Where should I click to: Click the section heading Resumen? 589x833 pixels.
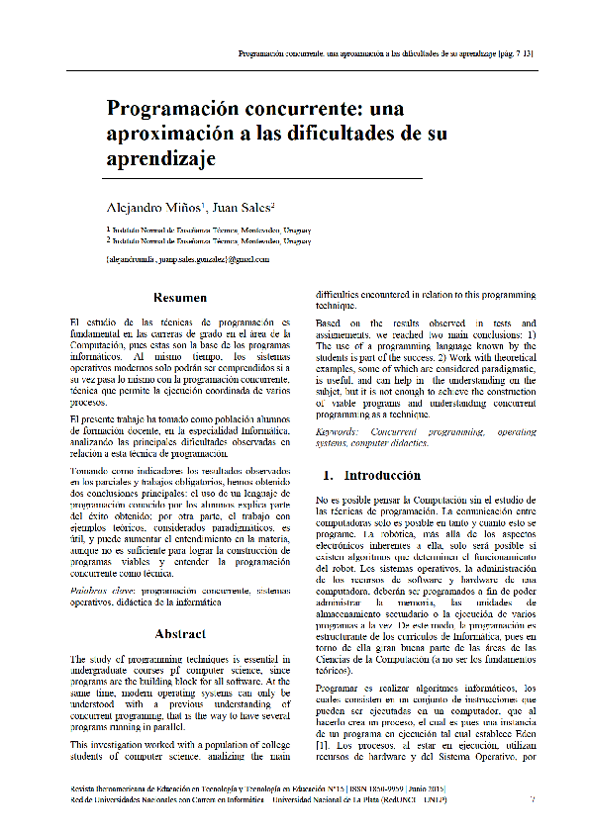click(x=179, y=298)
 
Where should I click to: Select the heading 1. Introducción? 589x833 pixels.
click(x=356, y=476)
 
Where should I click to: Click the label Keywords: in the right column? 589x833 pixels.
click(x=341, y=433)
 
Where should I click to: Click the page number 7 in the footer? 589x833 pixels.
click(x=533, y=799)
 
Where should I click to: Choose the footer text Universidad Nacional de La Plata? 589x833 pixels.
click(x=370, y=799)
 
